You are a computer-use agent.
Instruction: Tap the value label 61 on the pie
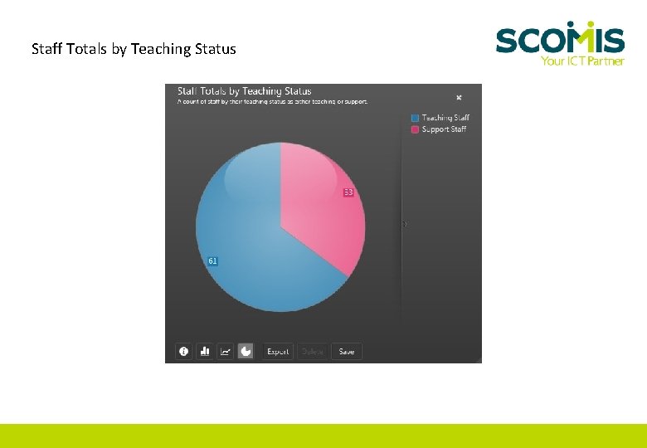point(213,261)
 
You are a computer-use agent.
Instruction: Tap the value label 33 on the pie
point(348,192)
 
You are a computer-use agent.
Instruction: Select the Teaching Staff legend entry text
point(445,118)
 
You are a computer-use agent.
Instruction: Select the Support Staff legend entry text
point(444,129)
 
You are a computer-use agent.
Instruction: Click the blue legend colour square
point(415,118)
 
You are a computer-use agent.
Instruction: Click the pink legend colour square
point(415,129)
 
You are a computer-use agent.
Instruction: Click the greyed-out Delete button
point(313,352)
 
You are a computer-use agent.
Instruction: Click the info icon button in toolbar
point(183,352)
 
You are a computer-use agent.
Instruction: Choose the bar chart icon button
point(204,352)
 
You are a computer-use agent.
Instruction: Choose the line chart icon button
point(225,352)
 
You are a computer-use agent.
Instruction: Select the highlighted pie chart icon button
point(246,352)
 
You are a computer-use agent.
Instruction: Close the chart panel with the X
point(459,97)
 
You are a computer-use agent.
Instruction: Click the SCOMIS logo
point(560,39)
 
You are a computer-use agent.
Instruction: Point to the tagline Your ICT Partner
point(582,61)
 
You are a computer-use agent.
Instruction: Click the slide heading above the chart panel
point(134,49)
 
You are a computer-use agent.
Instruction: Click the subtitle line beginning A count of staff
point(273,102)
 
